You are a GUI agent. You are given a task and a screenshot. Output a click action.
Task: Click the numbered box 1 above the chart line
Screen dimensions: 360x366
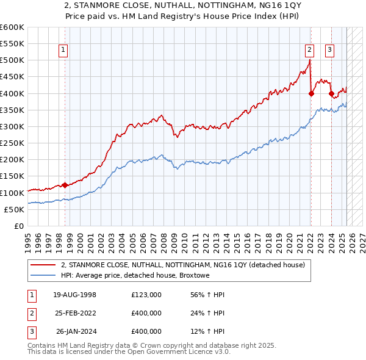pos(63,51)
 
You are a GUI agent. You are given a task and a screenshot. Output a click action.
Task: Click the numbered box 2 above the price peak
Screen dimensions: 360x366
pos(310,51)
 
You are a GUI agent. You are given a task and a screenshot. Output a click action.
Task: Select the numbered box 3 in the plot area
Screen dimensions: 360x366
pos(329,51)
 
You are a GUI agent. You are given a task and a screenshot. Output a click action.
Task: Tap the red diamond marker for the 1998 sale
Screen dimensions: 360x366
pos(65,185)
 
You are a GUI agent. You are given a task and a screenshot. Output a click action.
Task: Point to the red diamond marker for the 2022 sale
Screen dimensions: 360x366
pos(311,93)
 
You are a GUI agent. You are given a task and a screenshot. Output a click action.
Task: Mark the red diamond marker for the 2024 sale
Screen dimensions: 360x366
pos(331,93)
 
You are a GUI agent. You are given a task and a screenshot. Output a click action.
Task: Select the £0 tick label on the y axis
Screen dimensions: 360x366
pos(19,226)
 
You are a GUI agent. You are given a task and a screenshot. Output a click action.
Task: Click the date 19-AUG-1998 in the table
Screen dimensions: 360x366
pos(74,295)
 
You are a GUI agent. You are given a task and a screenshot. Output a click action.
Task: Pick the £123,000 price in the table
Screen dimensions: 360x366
pos(146,295)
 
